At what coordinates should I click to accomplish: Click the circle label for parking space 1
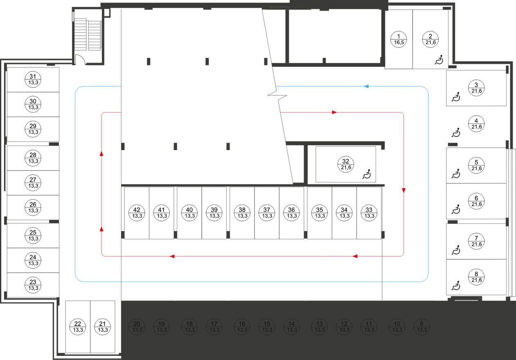point(398,39)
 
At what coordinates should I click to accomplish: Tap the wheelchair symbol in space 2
point(439,61)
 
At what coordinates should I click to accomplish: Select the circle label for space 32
point(346,164)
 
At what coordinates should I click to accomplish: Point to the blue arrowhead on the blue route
point(367,86)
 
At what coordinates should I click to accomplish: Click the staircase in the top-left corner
point(88,35)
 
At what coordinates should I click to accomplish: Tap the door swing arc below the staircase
point(80,60)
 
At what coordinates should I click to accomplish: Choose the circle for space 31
point(33,79)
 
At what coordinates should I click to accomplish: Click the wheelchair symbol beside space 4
point(455,133)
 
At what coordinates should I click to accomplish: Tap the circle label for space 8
point(476,277)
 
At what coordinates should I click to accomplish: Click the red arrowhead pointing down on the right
point(404,191)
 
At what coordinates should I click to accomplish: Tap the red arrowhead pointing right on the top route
point(334,112)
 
